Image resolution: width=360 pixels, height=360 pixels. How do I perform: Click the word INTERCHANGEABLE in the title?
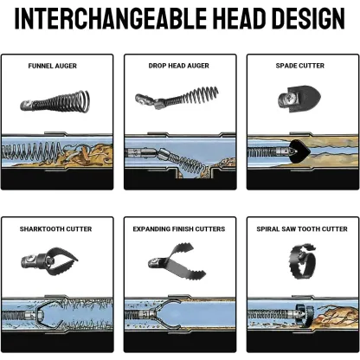[x=111, y=18]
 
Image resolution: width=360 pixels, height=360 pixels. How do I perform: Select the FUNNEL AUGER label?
[x=53, y=66]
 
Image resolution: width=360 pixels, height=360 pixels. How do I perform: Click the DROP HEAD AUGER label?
[x=179, y=66]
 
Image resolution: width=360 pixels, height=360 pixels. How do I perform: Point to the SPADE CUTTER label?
[x=300, y=66]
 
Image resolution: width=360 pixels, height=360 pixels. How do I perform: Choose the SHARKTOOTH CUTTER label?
[x=55, y=229]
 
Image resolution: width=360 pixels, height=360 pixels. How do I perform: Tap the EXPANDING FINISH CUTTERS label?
[x=179, y=229]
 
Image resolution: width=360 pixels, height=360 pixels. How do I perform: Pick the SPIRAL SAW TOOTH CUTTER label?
[x=302, y=229]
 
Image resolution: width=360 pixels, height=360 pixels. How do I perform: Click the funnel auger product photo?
[x=55, y=102]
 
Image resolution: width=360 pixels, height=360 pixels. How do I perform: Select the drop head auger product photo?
[x=177, y=98]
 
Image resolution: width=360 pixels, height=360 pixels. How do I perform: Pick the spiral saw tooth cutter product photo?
[x=302, y=262]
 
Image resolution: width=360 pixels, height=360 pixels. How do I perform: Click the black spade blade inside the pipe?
[x=300, y=151]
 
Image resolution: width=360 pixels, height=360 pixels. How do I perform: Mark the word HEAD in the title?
[x=239, y=18]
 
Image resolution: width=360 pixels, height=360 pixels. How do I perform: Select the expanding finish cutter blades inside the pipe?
[x=166, y=314]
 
